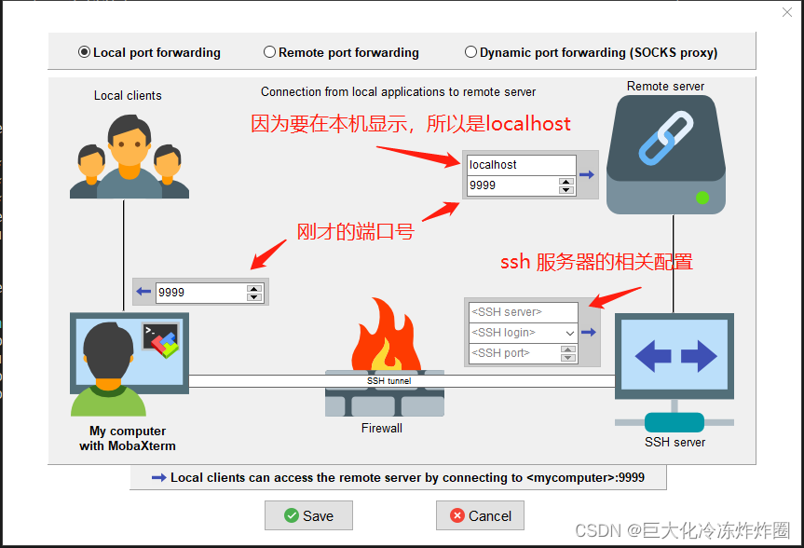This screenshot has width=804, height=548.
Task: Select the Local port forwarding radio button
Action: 85,53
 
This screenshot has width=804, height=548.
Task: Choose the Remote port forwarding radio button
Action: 270,53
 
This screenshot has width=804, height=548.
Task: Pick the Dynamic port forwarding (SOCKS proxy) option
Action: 470,53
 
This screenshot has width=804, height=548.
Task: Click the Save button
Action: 308,515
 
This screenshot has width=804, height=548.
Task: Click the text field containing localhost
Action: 521,165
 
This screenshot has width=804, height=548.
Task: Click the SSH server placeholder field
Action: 521,312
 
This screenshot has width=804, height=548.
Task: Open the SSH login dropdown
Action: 569,333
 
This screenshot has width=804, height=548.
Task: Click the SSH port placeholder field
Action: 512,353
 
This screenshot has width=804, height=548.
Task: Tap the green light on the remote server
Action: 702,198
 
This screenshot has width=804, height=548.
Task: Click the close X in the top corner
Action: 786,12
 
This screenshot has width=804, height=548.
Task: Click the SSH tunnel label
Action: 388,380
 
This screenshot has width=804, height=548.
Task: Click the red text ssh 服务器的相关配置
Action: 596,262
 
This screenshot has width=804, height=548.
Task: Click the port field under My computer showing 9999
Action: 199,292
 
